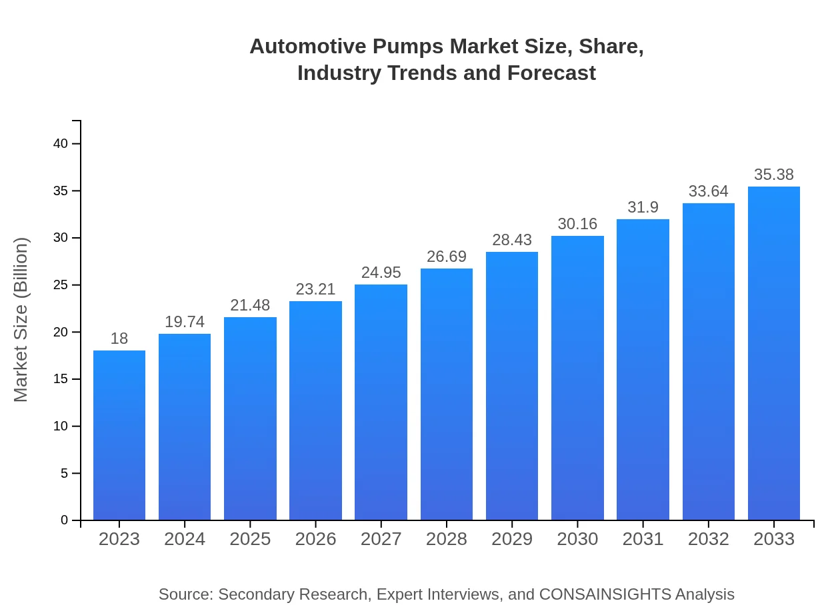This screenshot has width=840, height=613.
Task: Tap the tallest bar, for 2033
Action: pyautogui.click(x=774, y=353)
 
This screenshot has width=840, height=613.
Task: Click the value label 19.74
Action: pyautogui.click(x=185, y=322)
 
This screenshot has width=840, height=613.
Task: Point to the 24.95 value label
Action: pyautogui.click(x=381, y=273)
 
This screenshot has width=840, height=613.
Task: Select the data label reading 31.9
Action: pyautogui.click(x=643, y=207)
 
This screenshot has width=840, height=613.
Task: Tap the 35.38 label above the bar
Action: pyautogui.click(x=774, y=175)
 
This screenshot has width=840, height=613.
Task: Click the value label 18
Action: pyautogui.click(x=119, y=338)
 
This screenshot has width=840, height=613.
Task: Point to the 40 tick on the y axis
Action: pyautogui.click(x=61, y=144)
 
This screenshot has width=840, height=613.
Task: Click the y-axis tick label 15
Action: pyautogui.click(x=61, y=379)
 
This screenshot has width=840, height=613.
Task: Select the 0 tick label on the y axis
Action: pyautogui.click(x=65, y=520)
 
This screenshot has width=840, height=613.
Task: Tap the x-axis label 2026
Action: pyautogui.click(x=315, y=539)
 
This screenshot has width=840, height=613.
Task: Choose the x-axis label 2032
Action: pyautogui.click(x=708, y=539)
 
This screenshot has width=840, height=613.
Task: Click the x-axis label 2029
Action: pyautogui.click(x=512, y=539)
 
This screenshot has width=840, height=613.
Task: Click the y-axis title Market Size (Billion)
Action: pyautogui.click(x=21, y=320)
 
